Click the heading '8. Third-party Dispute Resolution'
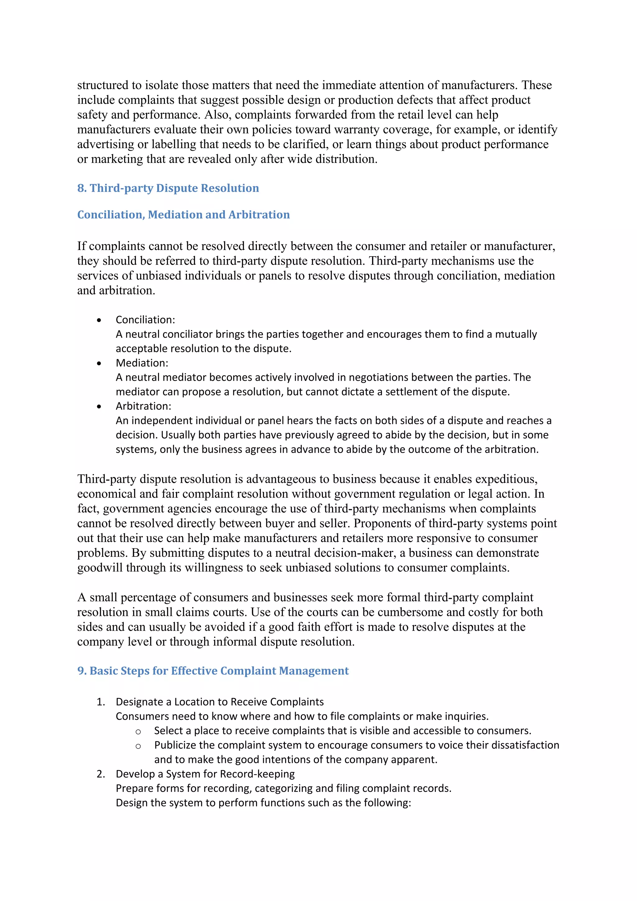168,188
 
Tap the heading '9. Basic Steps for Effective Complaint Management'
213,671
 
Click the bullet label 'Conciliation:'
145,320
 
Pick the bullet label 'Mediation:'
142,363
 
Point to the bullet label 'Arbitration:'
143,406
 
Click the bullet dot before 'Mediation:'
99,363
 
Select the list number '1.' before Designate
100,702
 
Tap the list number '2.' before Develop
100,774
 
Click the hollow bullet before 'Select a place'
138,732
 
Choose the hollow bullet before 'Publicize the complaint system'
138,746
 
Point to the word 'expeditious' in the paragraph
506,479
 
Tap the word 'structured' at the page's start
103,85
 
